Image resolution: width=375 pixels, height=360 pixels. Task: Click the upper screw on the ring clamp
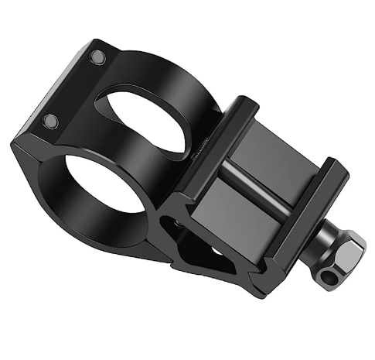(97, 58)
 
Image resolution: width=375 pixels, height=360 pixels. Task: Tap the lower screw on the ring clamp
(52, 121)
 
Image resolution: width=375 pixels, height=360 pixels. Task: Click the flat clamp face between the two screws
(73, 89)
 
